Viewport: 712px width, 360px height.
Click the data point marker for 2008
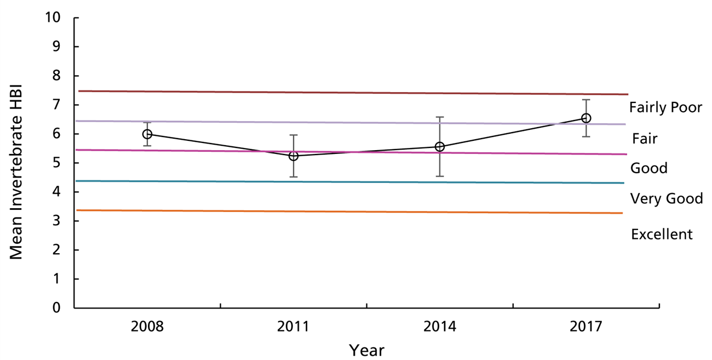tap(147, 134)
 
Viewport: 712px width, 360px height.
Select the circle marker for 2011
tap(294, 156)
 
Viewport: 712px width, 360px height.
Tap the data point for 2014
tap(440, 147)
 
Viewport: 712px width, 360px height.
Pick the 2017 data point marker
tap(586, 118)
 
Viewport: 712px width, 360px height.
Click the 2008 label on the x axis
tap(147, 327)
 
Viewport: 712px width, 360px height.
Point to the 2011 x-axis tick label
tap(294, 327)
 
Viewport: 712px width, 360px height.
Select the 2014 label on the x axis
tap(440, 327)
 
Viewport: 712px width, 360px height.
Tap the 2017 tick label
tap(586, 327)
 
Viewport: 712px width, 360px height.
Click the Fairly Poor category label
tap(665, 108)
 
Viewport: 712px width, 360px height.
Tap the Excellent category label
tap(662, 235)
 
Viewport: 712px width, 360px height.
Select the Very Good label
tap(667, 199)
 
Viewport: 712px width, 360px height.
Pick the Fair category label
tap(644, 139)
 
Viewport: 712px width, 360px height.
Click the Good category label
tap(649, 168)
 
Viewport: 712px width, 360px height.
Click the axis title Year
tap(366, 350)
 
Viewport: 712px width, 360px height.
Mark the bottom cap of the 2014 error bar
tap(440, 176)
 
